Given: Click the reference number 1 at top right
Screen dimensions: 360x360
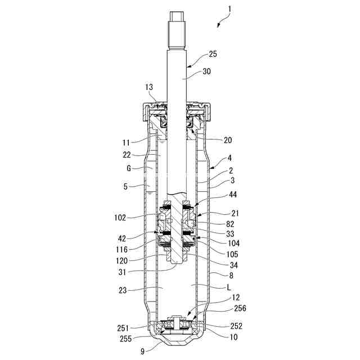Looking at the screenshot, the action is pyautogui.click(x=229, y=9).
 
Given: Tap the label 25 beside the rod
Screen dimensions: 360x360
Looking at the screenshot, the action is pyautogui.click(x=213, y=54).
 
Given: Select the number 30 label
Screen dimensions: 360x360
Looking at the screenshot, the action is pyautogui.click(x=206, y=71).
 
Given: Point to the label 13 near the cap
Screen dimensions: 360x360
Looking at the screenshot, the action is pyautogui.click(x=149, y=87).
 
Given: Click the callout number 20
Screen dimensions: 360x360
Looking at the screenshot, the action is pyautogui.click(x=227, y=140).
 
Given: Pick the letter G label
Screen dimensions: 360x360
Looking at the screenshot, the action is pyautogui.click(x=129, y=168).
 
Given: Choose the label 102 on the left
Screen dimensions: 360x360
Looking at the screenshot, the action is pyautogui.click(x=120, y=218).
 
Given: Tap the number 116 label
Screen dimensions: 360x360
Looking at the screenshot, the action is pyautogui.click(x=121, y=249).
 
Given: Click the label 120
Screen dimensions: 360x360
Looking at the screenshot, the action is pyautogui.click(x=121, y=261).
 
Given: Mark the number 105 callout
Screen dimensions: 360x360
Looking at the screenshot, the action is pyautogui.click(x=232, y=254).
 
